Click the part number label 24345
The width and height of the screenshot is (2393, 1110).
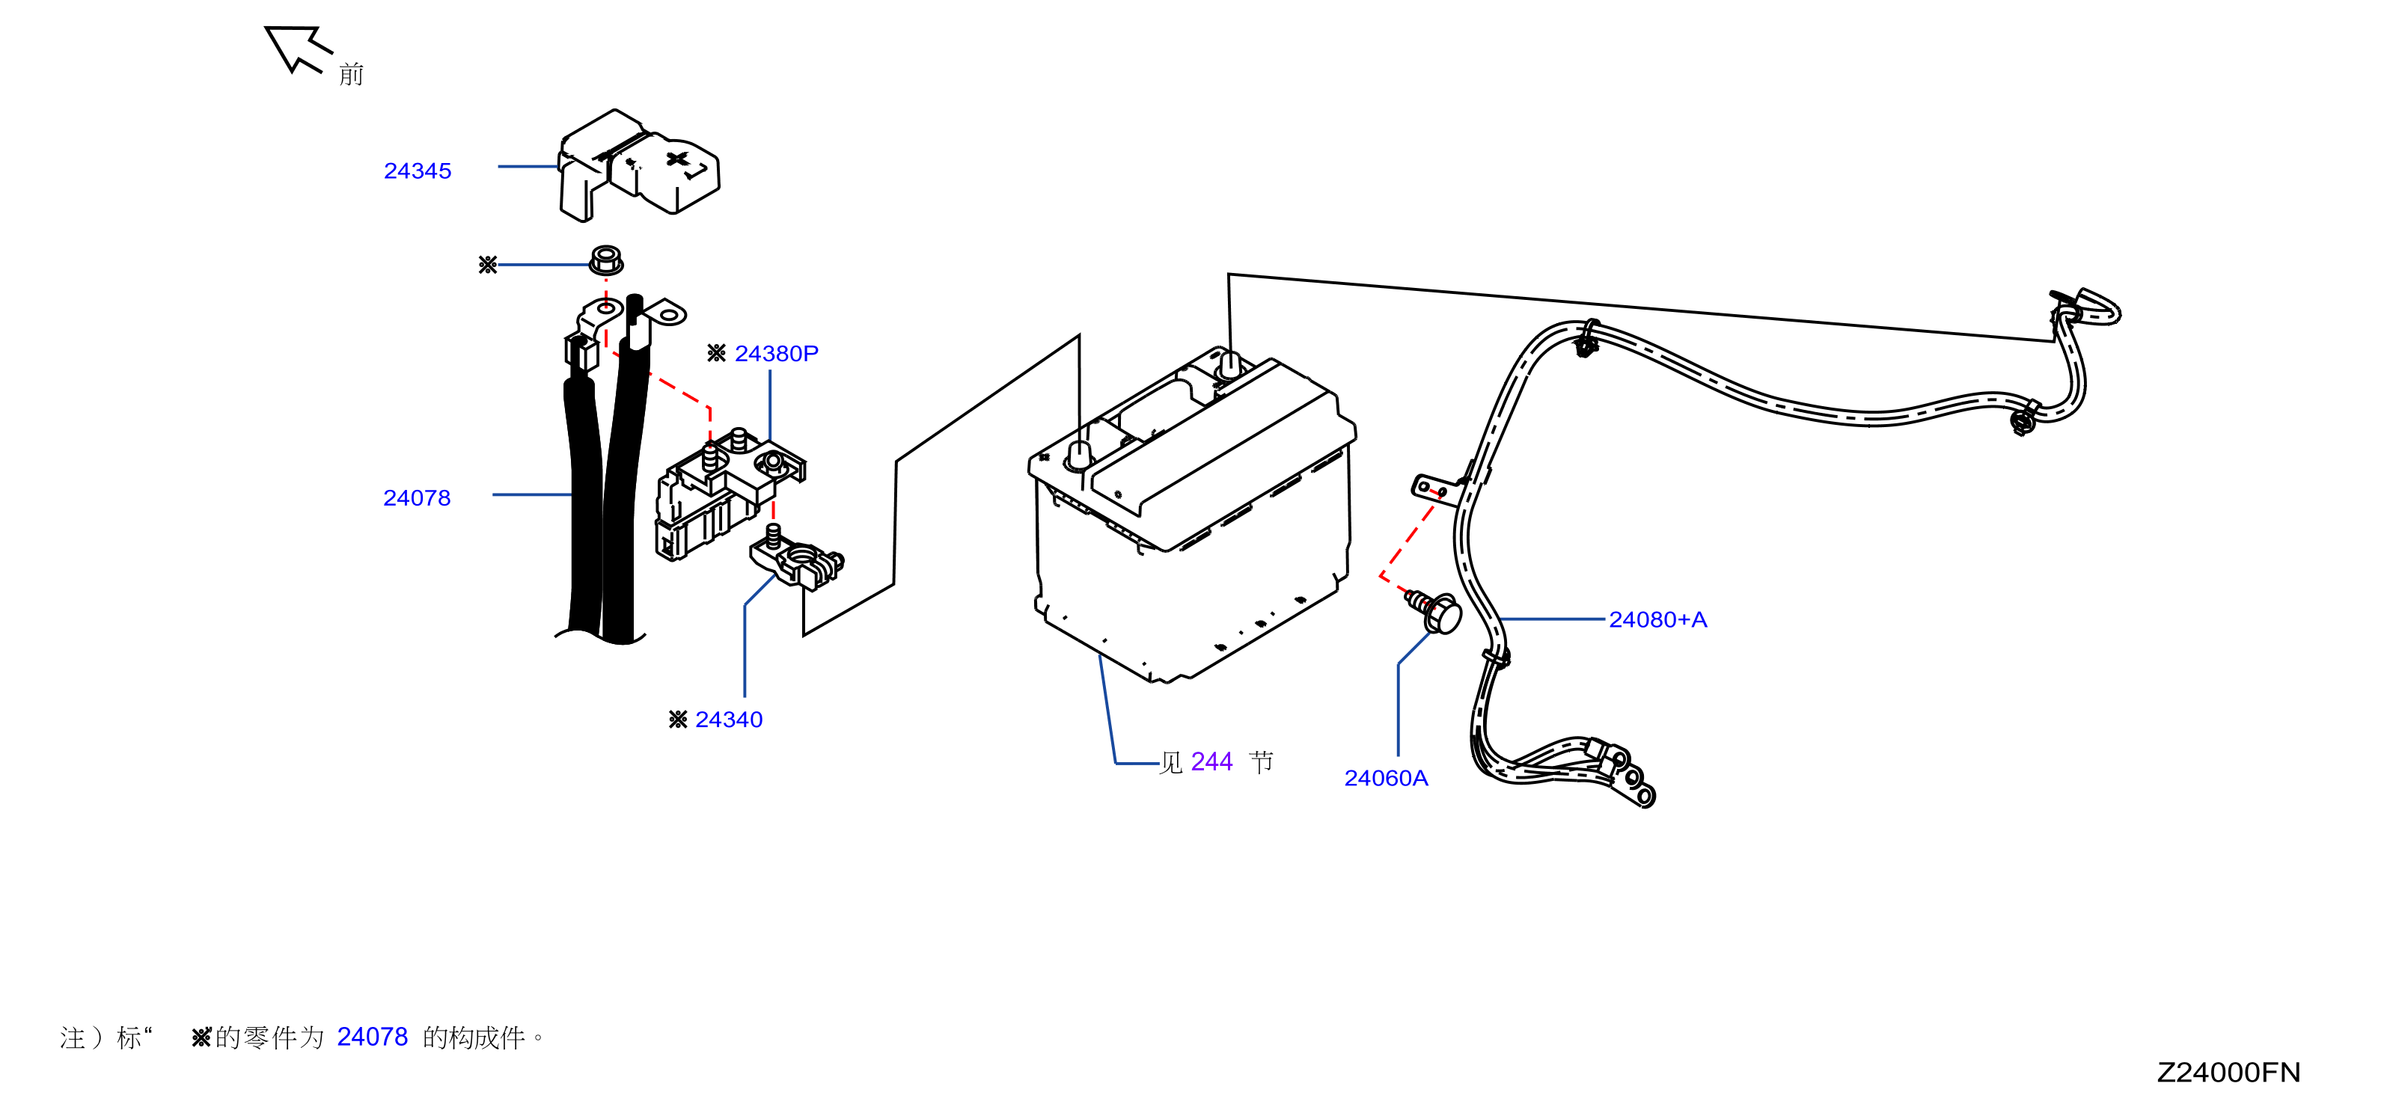pyautogui.click(x=417, y=171)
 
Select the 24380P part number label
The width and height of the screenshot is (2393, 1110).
pyautogui.click(x=776, y=354)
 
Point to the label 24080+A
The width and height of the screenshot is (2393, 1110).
pyautogui.click(x=1657, y=619)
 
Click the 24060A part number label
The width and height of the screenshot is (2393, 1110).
pyautogui.click(x=1385, y=779)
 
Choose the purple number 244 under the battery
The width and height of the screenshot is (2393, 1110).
pyautogui.click(x=1211, y=761)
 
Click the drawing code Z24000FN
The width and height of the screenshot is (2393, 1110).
pyautogui.click(x=2228, y=1073)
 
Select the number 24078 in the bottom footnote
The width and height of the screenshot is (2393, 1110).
pyautogui.click(x=372, y=1037)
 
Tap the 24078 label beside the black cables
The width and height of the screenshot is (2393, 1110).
pyautogui.click(x=417, y=498)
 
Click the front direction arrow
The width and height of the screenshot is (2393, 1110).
pyautogui.click(x=296, y=49)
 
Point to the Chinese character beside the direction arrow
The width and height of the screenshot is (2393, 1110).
pyautogui.click(x=351, y=74)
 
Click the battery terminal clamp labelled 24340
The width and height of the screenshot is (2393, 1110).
pyautogui.click(x=797, y=561)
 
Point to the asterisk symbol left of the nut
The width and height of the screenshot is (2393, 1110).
pyautogui.click(x=488, y=266)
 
